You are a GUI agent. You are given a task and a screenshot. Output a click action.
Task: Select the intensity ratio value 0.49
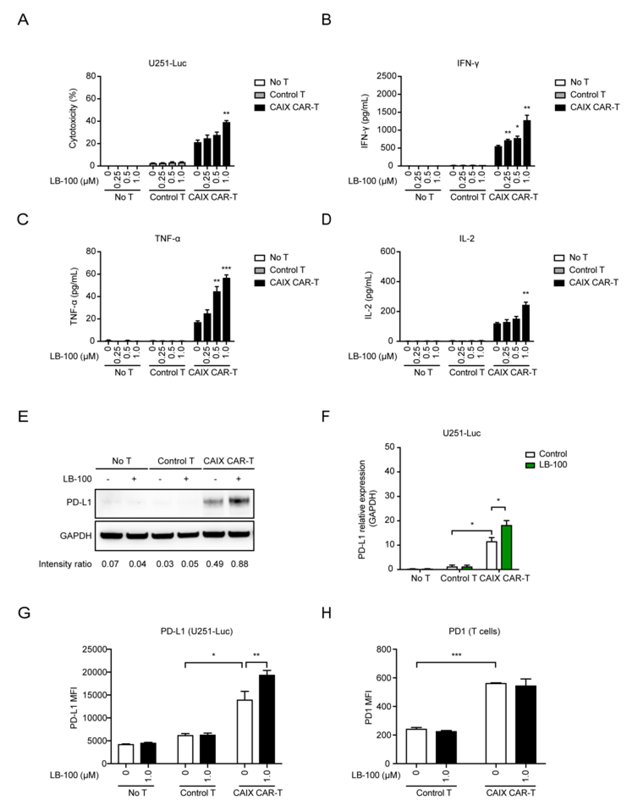pos(215,564)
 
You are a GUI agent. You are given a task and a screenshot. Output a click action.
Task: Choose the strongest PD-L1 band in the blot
pos(239,501)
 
